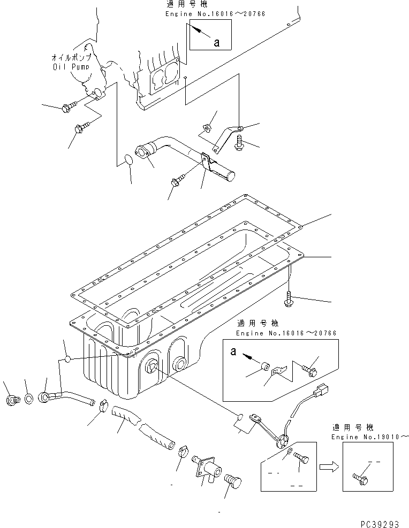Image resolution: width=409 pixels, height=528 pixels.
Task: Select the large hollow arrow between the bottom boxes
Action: (329, 466)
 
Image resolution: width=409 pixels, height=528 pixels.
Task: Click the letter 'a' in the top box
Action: (216, 43)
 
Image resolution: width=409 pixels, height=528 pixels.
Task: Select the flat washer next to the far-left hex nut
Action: (27, 399)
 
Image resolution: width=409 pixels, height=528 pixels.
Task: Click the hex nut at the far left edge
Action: (12, 400)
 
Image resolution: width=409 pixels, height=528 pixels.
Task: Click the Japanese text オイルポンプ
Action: (70, 57)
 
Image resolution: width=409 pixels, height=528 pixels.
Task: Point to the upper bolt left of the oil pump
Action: (67, 108)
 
